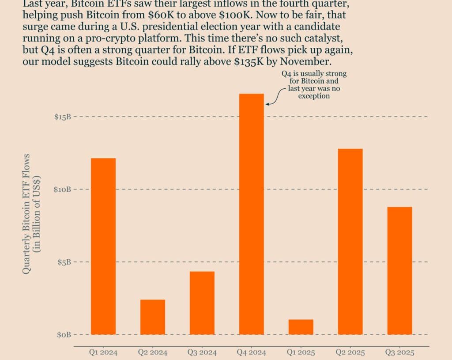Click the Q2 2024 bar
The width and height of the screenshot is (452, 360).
pos(153,317)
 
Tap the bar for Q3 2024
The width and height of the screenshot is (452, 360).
pos(202,303)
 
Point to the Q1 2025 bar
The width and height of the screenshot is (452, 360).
pos(301,326)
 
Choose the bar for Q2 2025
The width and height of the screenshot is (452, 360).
pos(350,241)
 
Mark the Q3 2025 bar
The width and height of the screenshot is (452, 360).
pos(400,270)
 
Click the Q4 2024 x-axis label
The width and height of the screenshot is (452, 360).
pos(252,353)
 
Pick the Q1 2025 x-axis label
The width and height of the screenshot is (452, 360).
pos(301,353)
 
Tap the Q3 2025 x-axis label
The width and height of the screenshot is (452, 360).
pos(400,353)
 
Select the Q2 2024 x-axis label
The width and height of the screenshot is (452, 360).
pos(153,353)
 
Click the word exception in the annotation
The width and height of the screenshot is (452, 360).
pos(314,96)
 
